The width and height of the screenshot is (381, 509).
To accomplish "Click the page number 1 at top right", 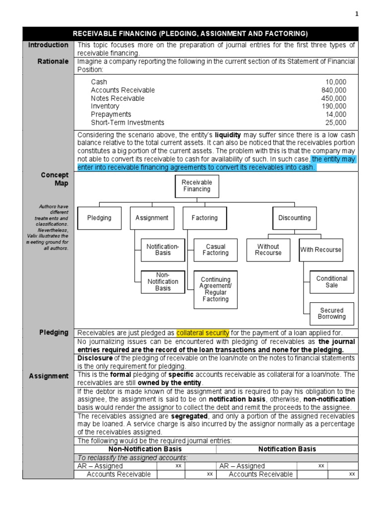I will (x=356, y=14).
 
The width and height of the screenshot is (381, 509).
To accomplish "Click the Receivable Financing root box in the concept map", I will (x=197, y=186).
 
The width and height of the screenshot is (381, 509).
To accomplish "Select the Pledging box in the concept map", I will (x=99, y=218).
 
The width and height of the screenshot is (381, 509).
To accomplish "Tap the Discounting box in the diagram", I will (x=294, y=218).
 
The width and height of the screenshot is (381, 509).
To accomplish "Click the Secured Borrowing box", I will (x=331, y=314).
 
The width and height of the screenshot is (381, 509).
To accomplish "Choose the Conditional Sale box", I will (x=331, y=282).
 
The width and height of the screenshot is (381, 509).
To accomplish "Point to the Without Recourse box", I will (x=268, y=250).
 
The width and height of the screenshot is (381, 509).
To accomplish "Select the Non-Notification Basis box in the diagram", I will (x=162, y=282).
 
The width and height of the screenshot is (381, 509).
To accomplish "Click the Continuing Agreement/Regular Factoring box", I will (x=215, y=289).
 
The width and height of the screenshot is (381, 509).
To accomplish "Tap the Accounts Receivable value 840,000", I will (x=334, y=90).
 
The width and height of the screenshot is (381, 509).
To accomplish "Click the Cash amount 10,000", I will (x=336, y=82).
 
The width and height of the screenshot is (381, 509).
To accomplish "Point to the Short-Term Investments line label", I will (x=127, y=122).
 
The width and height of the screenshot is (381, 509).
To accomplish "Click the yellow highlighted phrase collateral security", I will (x=202, y=333).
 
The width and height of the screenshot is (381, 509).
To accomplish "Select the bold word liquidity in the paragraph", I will (x=227, y=135).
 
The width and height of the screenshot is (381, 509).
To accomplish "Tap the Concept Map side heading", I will (x=56, y=179).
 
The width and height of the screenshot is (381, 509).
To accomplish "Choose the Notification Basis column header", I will (x=287, y=449).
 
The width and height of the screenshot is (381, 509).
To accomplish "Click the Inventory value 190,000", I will (x=334, y=106).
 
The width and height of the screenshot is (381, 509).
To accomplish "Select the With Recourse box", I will (x=320, y=250).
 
